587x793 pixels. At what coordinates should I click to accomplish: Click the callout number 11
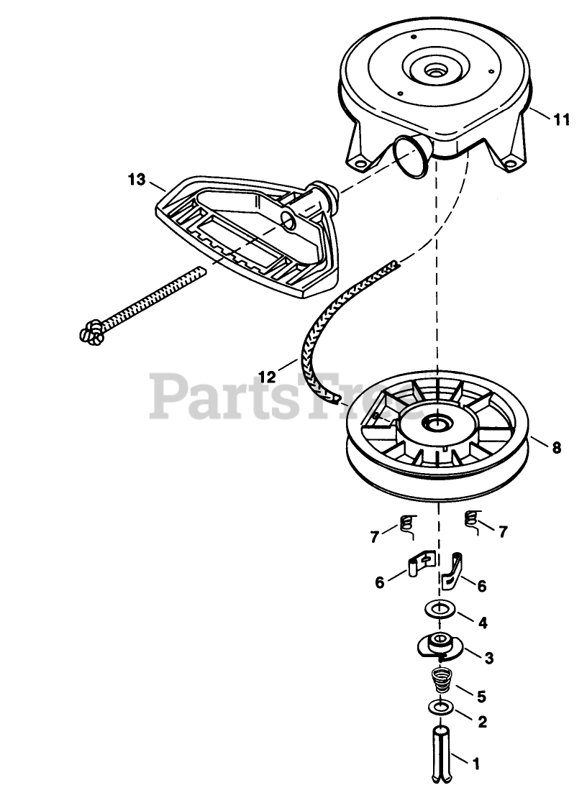[x=563, y=120]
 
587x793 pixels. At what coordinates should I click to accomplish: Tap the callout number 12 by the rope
[x=267, y=376]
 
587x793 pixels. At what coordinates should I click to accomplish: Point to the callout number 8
[x=556, y=448]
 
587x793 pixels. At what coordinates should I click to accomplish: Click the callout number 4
[x=483, y=623]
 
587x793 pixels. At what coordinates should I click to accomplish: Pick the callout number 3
[x=488, y=657]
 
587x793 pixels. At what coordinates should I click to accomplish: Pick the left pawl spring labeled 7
[x=407, y=526]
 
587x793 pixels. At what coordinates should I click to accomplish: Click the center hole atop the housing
[x=434, y=72]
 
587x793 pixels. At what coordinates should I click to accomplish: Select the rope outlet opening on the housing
[x=409, y=157]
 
